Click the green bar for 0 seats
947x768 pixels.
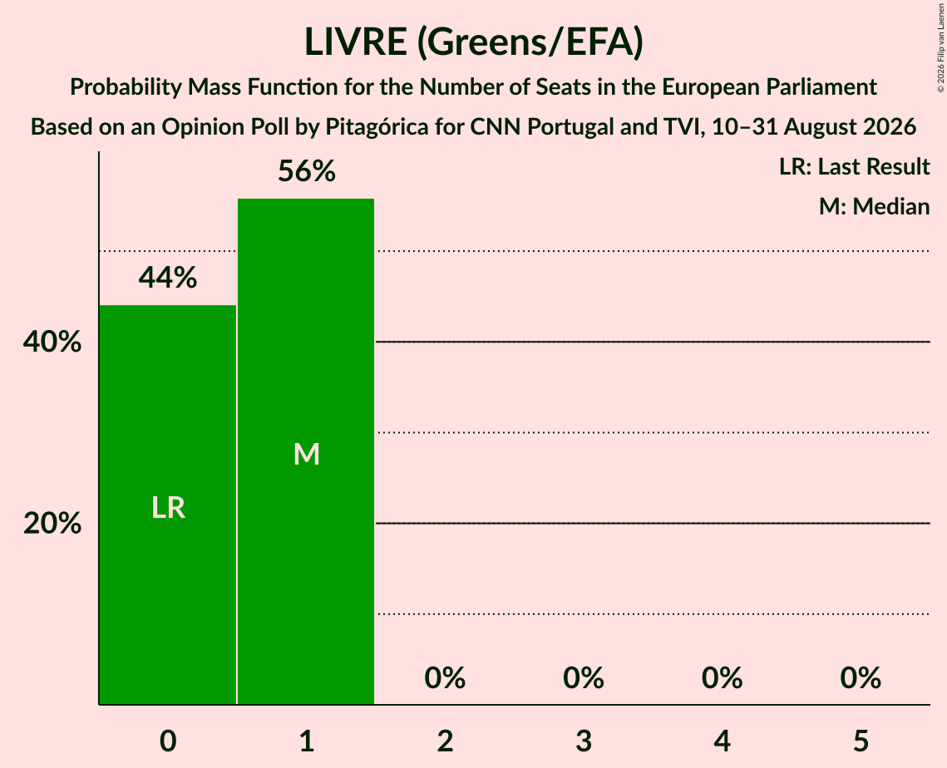(167, 505)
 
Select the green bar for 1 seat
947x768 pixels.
(306, 451)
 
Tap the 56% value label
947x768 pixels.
(306, 171)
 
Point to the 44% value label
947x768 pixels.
(168, 278)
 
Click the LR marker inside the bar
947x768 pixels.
(168, 508)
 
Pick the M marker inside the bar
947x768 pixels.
(306, 454)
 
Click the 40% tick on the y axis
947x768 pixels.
(52, 342)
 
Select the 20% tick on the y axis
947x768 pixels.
(52, 523)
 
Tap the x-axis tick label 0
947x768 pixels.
(168, 741)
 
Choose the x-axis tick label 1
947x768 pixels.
(307, 741)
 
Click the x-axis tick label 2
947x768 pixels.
(445, 741)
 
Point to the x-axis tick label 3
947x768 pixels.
(584, 741)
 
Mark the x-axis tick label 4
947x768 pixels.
(723, 741)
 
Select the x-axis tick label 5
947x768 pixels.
(861, 741)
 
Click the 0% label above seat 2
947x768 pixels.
(445, 678)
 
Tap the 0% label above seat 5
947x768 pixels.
(861, 678)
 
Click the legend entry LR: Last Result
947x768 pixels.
(854, 166)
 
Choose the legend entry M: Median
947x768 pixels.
(874, 206)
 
